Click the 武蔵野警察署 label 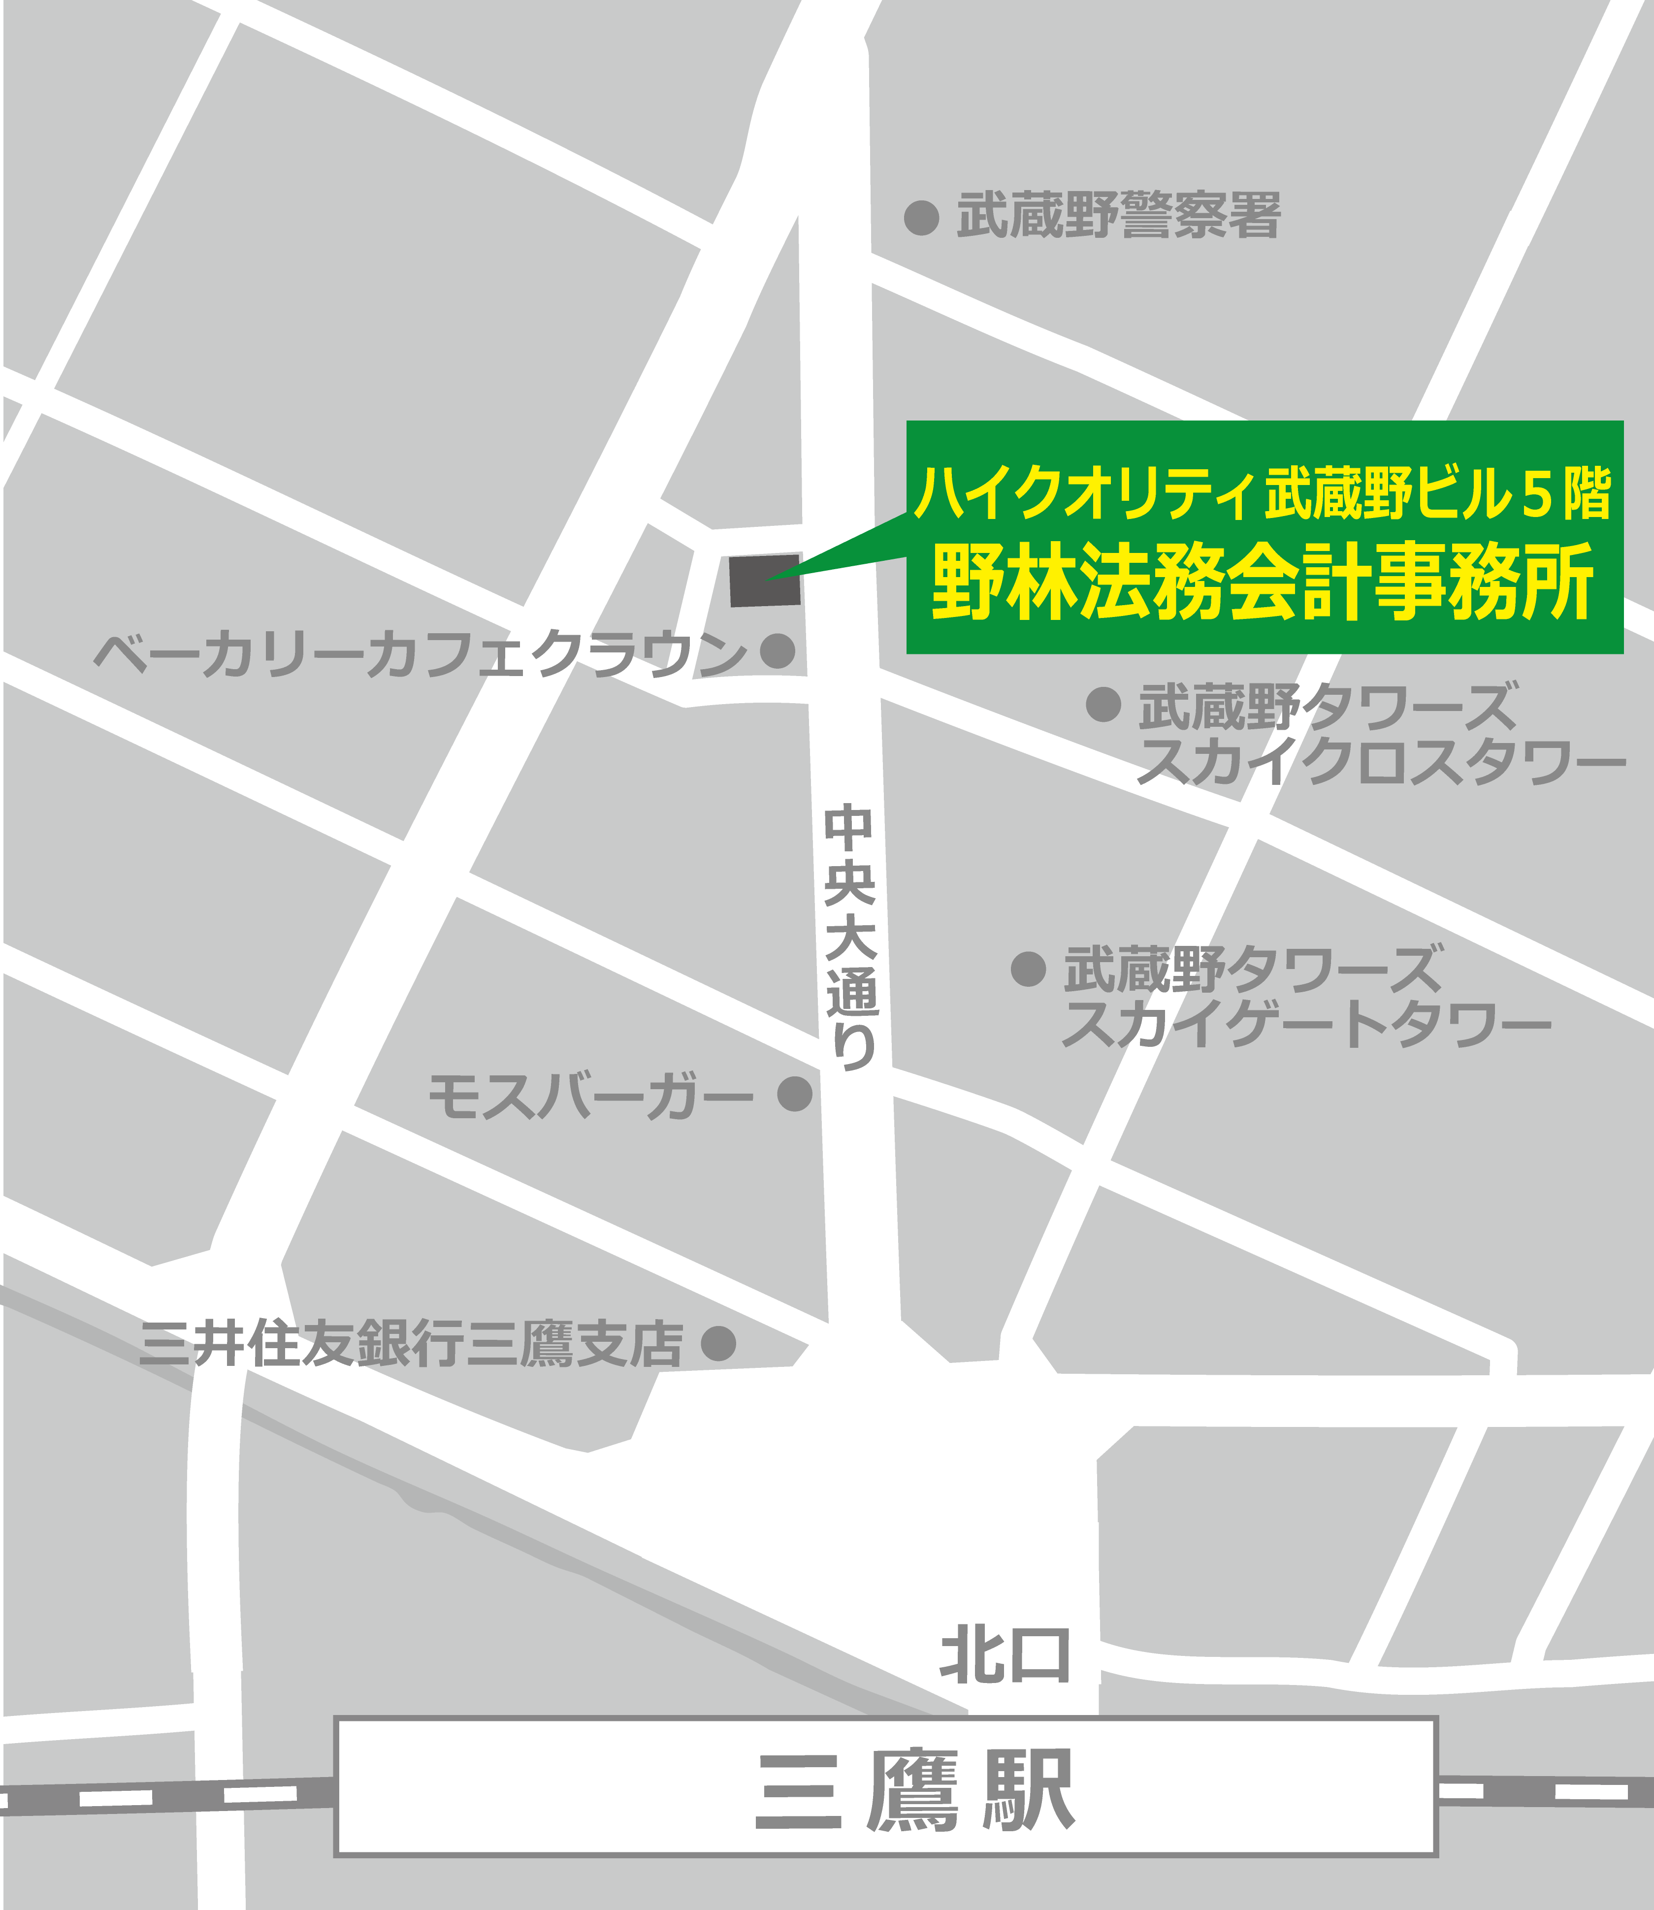point(1119,216)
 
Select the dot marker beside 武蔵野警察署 point(921,218)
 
